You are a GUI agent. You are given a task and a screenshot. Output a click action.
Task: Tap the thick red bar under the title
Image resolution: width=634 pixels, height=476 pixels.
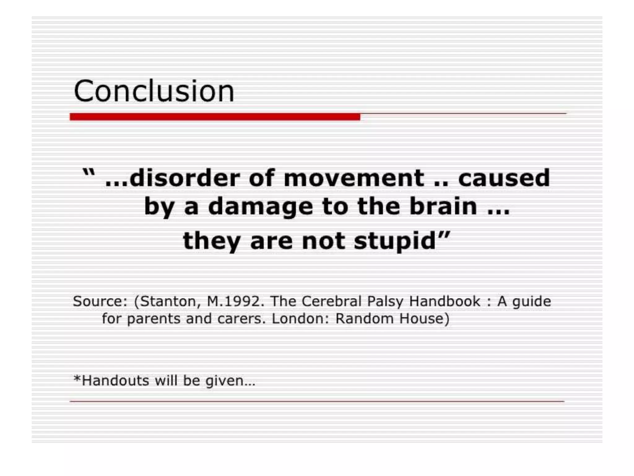(215, 117)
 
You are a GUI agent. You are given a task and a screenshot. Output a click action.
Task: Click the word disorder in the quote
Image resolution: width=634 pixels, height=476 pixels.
(185, 178)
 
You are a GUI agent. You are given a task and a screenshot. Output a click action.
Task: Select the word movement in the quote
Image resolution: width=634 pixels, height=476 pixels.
(354, 178)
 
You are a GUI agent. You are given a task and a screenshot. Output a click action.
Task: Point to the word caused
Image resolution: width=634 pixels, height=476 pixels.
(504, 178)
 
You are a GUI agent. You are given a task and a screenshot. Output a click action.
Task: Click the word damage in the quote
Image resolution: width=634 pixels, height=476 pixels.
(261, 207)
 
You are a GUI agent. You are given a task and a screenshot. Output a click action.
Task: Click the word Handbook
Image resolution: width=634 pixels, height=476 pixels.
(445, 301)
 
